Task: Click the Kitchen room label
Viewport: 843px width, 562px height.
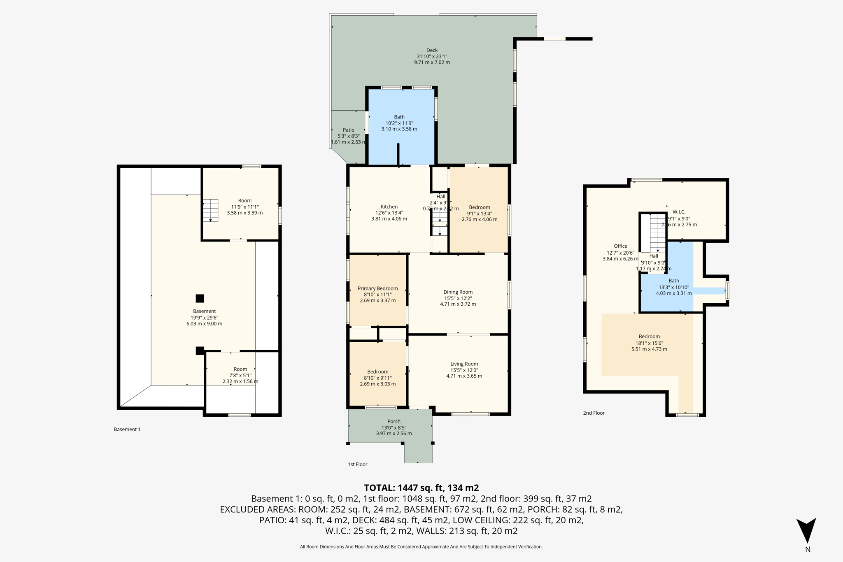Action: coord(389,207)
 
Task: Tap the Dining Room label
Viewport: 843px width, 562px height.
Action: coord(458,292)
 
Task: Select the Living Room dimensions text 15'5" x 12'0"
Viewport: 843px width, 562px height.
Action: coord(464,370)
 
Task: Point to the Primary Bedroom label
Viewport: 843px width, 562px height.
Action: coord(377,288)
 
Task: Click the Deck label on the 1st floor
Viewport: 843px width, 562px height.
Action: coord(432,50)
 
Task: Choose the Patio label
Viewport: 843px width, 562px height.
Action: coord(348,130)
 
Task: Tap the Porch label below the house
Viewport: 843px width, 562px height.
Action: coord(394,421)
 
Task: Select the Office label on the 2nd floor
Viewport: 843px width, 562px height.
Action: coord(620,246)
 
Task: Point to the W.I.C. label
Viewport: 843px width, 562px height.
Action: coord(679,212)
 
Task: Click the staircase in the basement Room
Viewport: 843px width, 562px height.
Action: coord(210,210)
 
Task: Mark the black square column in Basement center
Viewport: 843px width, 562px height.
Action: coord(200,298)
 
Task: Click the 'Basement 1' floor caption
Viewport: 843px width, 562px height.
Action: coord(127,429)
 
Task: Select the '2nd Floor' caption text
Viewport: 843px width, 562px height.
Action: coord(594,413)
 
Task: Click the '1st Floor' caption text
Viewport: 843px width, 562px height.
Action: coord(357,464)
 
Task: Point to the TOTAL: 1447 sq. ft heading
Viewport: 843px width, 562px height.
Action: coord(421,488)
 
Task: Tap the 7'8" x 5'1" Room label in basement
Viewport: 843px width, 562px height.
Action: coord(240,369)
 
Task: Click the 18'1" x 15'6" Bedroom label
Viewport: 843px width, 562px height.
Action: coord(649,337)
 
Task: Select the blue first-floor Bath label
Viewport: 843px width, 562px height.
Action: coord(399,117)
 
